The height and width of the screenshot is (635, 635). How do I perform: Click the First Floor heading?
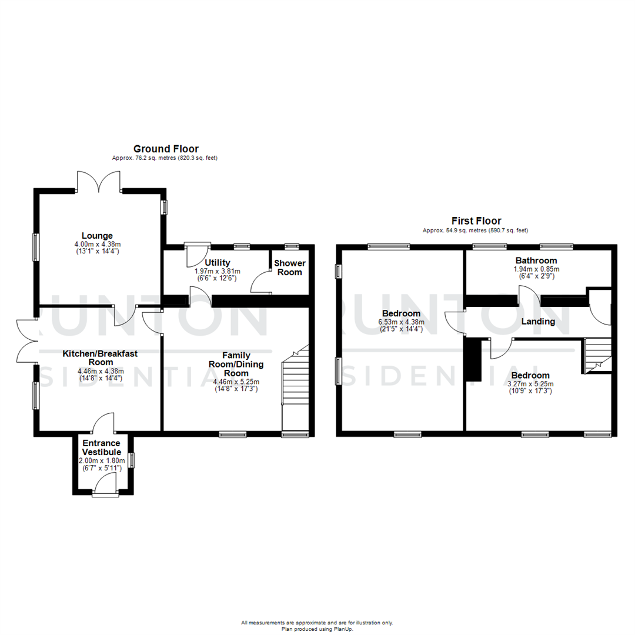point(476,221)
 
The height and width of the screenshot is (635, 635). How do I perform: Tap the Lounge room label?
point(97,236)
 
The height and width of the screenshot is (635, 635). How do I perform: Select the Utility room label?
point(217,262)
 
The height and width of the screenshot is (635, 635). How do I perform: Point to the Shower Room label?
point(289,268)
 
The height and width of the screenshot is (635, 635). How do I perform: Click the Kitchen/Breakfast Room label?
point(101,358)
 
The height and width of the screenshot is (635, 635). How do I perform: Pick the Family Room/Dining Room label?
point(236,364)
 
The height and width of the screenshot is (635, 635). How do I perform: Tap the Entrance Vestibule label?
point(101,447)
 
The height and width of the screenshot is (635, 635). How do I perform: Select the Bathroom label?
point(536,260)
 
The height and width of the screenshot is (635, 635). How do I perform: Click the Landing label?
point(538,322)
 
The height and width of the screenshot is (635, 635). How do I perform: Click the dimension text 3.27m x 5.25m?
point(530,385)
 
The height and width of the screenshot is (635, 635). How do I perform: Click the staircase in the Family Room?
point(295,388)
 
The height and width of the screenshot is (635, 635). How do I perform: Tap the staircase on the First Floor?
point(597,356)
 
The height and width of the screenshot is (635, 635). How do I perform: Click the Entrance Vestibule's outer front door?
point(105,486)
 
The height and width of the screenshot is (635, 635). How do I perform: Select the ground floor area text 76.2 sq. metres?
point(165,158)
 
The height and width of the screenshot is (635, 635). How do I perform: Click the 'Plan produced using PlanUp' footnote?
point(317,629)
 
